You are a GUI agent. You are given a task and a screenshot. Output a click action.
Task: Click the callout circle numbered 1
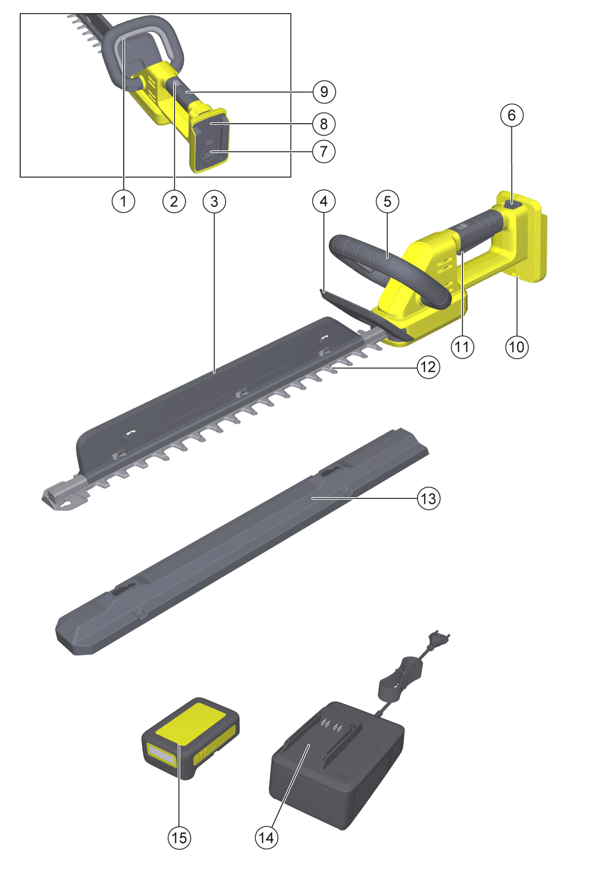click(123, 202)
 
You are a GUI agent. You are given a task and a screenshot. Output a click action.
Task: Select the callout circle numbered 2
click(174, 202)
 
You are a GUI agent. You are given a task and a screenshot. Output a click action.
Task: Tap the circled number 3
click(214, 202)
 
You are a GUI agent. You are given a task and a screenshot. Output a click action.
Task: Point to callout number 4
click(324, 202)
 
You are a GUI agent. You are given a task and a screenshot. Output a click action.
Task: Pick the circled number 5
click(387, 202)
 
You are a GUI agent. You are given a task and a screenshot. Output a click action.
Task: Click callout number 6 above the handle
click(511, 115)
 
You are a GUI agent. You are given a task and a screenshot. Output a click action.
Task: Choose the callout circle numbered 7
click(324, 151)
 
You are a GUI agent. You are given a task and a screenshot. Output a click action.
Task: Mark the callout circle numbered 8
click(324, 124)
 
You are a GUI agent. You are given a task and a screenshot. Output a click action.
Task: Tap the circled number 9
click(324, 92)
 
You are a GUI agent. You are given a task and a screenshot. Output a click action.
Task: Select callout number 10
click(517, 347)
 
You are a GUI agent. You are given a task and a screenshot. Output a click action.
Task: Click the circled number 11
click(463, 347)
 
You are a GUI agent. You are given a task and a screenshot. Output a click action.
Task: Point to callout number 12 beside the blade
click(428, 367)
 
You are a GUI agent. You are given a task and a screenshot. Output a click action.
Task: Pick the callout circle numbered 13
click(429, 498)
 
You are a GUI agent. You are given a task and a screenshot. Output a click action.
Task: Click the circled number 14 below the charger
click(266, 838)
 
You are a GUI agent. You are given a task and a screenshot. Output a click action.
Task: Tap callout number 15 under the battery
click(179, 838)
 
